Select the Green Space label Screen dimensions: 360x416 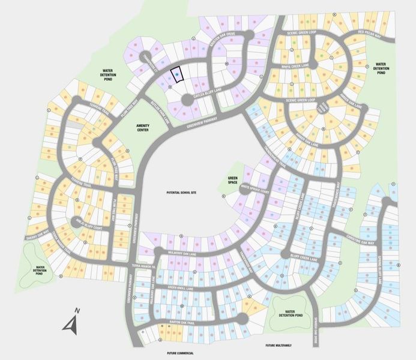[x=234, y=180]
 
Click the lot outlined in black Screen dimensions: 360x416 [x=177, y=75]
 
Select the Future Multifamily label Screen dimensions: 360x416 [x=279, y=346]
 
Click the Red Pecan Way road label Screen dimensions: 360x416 [x=369, y=34]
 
